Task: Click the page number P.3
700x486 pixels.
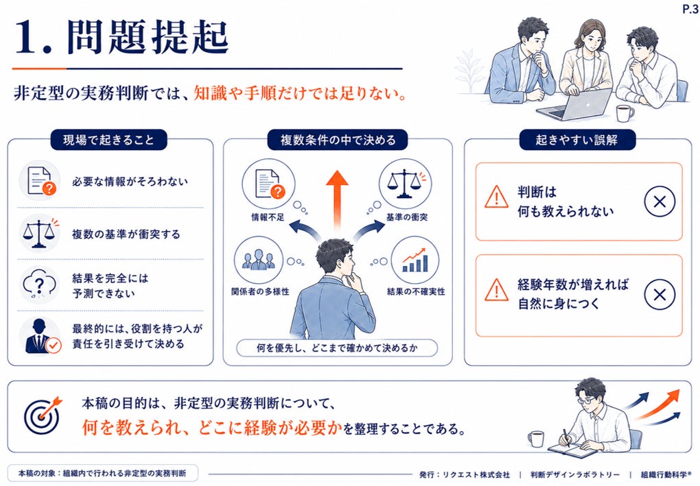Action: pyautogui.click(x=690, y=9)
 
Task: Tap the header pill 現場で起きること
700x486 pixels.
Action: pyautogui.click(x=108, y=140)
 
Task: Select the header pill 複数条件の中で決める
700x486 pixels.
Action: pyautogui.click(x=338, y=140)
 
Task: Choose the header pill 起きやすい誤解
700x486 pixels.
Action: pyautogui.click(x=576, y=140)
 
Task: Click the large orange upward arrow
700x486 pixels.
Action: pyautogui.click(x=337, y=200)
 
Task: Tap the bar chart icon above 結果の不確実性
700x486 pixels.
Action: pyautogui.click(x=415, y=260)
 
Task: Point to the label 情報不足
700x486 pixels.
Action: pyautogui.click(x=268, y=217)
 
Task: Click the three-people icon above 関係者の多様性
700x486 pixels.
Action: pyautogui.click(x=259, y=260)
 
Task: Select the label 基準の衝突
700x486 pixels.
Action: pyautogui.click(x=407, y=217)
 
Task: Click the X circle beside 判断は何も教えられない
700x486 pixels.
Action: pyautogui.click(x=660, y=202)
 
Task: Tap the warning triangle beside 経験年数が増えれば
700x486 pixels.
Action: pyautogui.click(x=496, y=290)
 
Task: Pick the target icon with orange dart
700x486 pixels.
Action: pyautogui.click(x=42, y=415)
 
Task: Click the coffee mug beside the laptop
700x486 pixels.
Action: pyautogui.click(x=624, y=114)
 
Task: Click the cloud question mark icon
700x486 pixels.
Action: pyautogui.click(x=39, y=285)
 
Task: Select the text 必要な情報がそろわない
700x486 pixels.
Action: pyautogui.click(x=130, y=182)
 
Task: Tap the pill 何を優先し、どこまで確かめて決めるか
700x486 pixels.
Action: pyautogui.click(x=337, y=348)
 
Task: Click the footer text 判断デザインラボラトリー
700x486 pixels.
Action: pyautogui.click(x=575, y=475)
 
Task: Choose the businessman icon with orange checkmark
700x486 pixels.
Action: pyautogui.click(x=41, y=336)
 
